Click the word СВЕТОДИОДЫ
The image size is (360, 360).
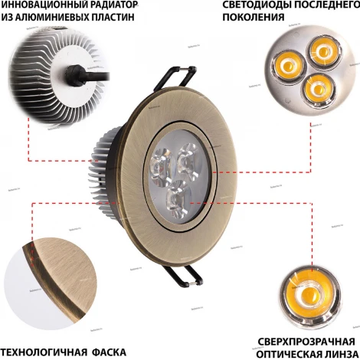tap(254, 5)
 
